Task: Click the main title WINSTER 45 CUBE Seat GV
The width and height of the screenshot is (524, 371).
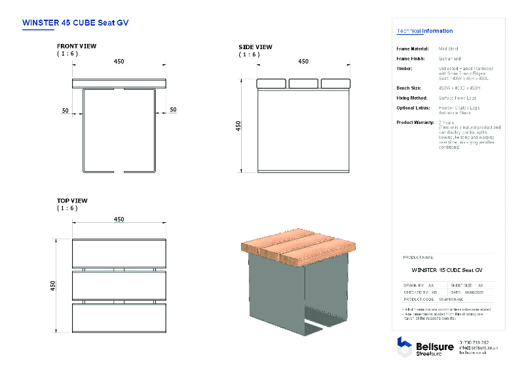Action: (x=75, y=22)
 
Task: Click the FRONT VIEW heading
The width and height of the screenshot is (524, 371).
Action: (x=77, y=47)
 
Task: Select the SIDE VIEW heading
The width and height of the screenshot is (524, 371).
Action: (x=255, y=47)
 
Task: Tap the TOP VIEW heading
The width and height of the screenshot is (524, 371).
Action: (x=72, y=201)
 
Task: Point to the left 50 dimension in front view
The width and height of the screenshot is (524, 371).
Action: (x=65, y=111)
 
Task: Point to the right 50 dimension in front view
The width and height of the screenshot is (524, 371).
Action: (x=173, y=110)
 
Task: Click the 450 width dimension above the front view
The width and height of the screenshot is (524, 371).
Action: (x=119, y=62)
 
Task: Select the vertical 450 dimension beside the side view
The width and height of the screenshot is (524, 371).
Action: (x=239, y=125)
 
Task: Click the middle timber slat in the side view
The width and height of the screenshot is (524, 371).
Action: (x=303, y=84)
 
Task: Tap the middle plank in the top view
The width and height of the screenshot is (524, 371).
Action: (x=119, y=285)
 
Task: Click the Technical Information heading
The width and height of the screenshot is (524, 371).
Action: (x=424, y=31)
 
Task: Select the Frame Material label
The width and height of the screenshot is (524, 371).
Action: (x=413, y=49)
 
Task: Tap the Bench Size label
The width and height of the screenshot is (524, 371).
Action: (x=409, y=88)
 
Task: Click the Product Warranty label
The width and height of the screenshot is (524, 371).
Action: (x=415, y=123)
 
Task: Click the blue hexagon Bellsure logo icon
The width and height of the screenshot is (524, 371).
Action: (x=404, y=346)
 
